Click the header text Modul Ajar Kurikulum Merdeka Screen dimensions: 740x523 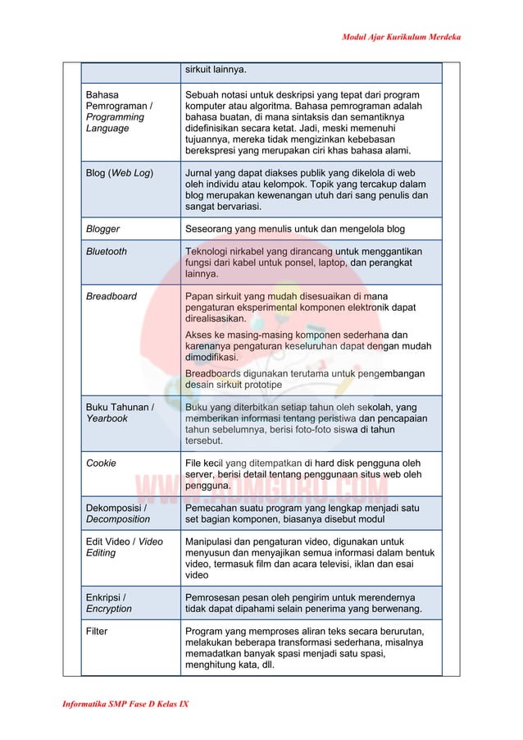pos(401,38)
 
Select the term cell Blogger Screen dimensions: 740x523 pos(103,229)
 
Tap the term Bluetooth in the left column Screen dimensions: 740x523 pos(107,251)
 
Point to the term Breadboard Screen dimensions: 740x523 pos(111,296)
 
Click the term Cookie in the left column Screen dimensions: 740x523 pos(101,463)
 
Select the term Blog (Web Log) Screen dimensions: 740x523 pos(120,173)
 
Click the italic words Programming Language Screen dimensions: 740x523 pos(115,123)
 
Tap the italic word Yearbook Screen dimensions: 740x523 pos(107,418)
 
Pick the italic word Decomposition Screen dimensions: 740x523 pos(118,519)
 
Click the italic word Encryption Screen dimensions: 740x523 pos(108,609)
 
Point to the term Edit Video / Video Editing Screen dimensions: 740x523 pos(125,547)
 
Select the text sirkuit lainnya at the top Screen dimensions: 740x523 pos(216,69)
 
